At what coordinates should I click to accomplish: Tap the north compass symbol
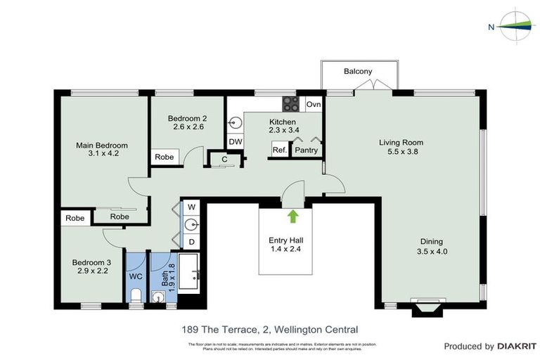(x=515, y=26)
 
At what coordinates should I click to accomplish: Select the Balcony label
(x=357, y=72)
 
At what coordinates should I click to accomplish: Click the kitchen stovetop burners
(x=291, y=104)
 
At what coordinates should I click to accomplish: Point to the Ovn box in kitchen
(x=314, y=105)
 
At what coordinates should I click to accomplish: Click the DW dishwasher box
(x=235, y=141)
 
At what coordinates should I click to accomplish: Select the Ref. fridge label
(x=279, y=150)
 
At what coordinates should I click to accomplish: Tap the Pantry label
(x=306, y=150)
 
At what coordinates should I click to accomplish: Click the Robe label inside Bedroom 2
(x=165, y=157)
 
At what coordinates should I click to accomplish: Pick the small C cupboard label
(x=224, y=159)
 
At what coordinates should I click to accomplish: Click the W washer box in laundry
(x=191, y=207)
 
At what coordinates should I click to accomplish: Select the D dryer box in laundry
(x=191, y=242)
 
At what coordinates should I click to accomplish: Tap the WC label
(x=136, y=276)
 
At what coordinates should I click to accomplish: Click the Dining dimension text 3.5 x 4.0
(x=432, y=251)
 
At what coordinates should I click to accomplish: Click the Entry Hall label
(x=285, y=240)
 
